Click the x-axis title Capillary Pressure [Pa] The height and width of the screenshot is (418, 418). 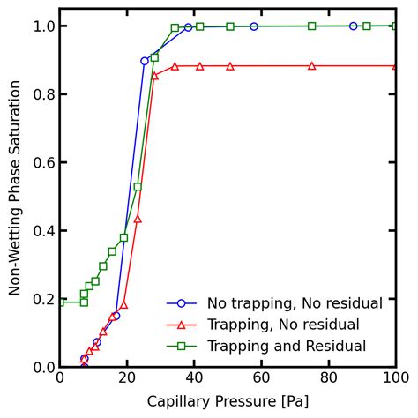point(228,403)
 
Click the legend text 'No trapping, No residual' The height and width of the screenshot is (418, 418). point(295,303)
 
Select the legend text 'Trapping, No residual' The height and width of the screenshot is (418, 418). point(283,325)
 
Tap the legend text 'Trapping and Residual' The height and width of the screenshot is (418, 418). point(286,347)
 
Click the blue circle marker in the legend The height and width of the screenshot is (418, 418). point(182,303)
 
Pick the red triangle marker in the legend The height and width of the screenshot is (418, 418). point(182,325)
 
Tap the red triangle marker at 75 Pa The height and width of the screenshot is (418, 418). point(311,66)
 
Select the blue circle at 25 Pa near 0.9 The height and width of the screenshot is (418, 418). point(145,61)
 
